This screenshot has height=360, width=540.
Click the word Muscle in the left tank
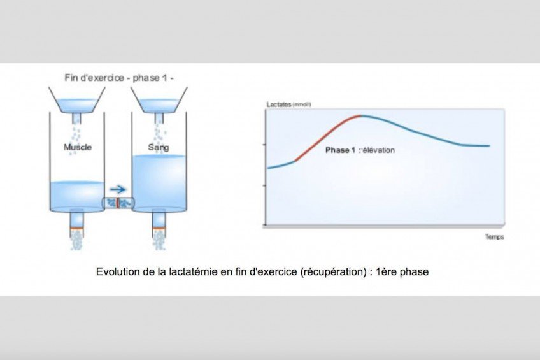pos(78,147)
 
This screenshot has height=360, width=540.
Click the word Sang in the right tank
pos(159,147)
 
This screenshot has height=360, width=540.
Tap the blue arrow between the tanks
pos(118,189)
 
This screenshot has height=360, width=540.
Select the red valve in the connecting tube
pos(117,203)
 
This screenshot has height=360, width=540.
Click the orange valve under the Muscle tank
pos(77,229)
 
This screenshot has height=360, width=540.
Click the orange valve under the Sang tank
pos(159,228)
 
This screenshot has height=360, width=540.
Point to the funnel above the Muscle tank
pos(77,100)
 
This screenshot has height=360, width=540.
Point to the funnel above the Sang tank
pos(159,100)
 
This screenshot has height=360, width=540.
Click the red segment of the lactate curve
pos(327,137)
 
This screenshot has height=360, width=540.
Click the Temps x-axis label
pos(494,236)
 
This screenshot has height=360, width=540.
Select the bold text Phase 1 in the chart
pos(340,150)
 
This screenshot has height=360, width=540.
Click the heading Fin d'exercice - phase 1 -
pos(119,78)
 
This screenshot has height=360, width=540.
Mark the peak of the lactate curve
pos(360,115)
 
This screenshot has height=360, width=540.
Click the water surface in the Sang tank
pos(159,156)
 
